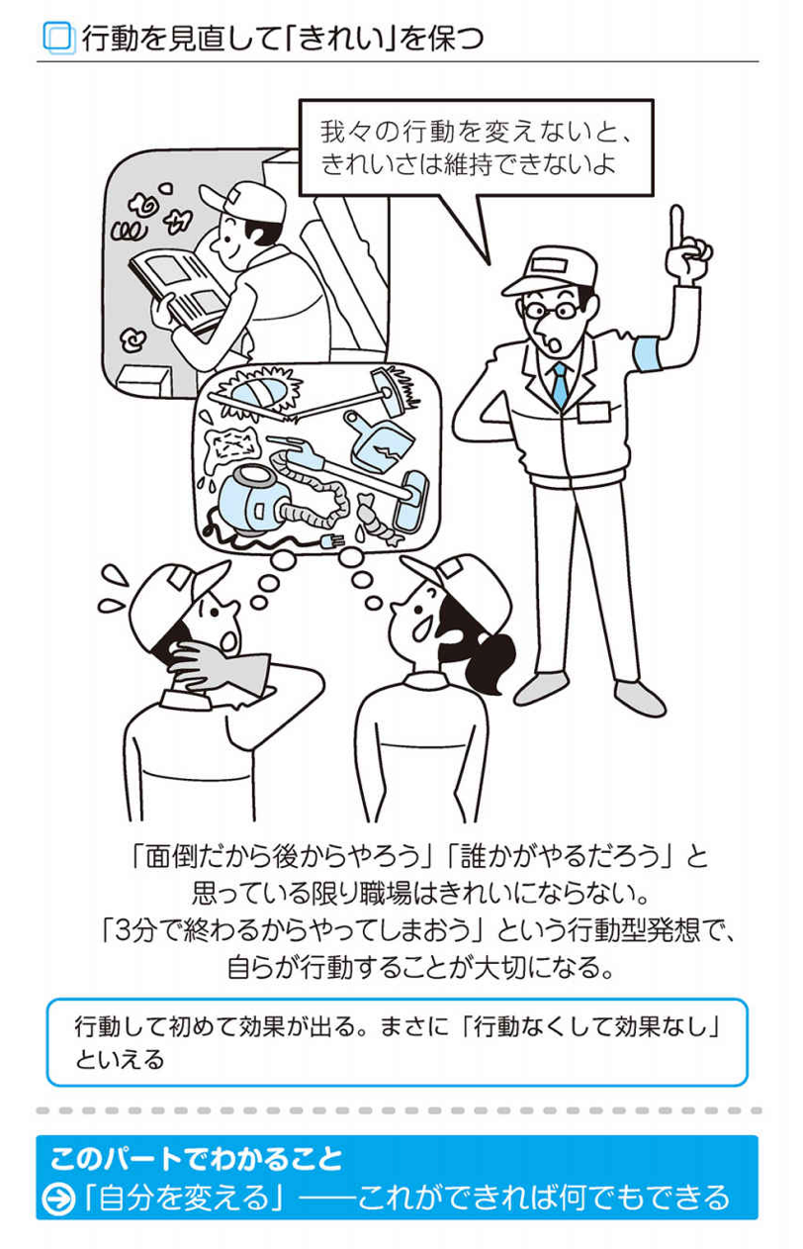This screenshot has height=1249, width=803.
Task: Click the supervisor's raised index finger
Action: pyautogui.click(x=677, y=230)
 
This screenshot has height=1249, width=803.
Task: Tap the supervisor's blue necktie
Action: pyautogui.click(x=560, y=384)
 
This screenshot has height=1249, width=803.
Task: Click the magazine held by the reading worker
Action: pyautogui.click(x=177, y=289)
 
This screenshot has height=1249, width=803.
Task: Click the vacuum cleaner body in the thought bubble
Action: pyautogui.click(x=249, y=500)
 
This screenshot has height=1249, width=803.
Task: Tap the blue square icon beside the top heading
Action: pyautogui.click(x=58, y=38)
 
